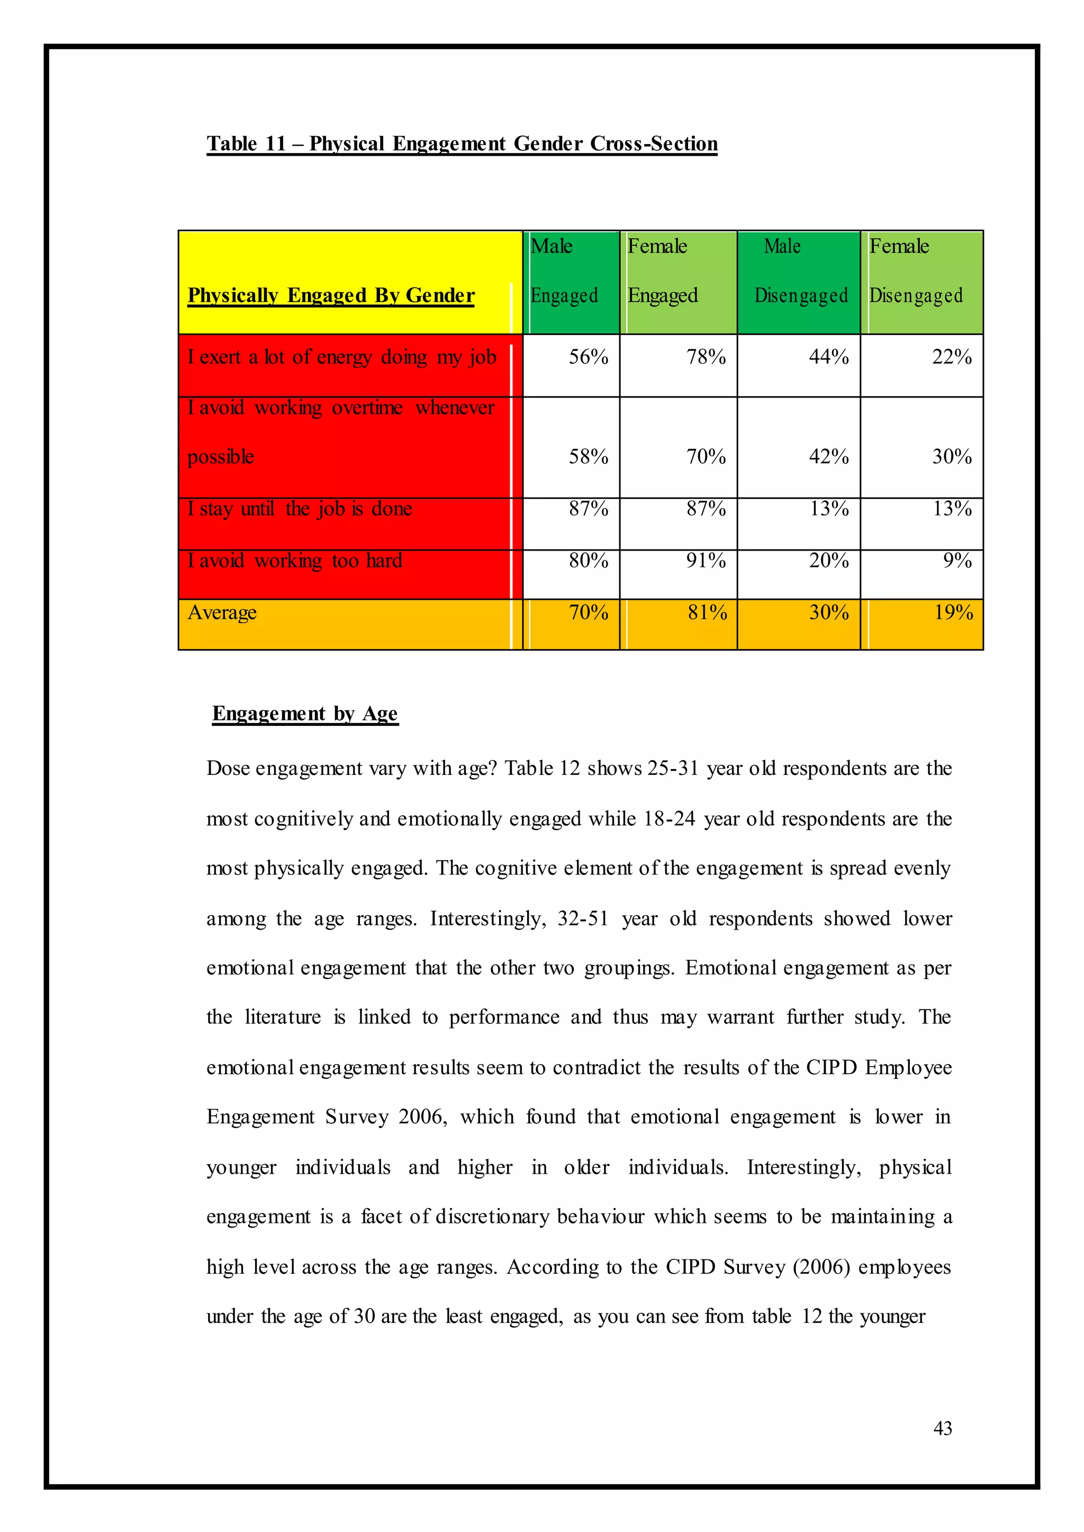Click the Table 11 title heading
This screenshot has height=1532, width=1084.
462,143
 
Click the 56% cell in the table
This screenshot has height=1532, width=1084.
588,357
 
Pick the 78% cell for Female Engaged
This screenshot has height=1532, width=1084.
706,357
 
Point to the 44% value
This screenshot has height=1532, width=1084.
828,357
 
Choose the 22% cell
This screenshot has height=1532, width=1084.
951,357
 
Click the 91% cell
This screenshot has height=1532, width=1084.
706,561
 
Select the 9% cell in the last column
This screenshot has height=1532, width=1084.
956,561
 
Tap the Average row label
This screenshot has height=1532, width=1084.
222,613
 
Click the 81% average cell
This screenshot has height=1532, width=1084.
707,613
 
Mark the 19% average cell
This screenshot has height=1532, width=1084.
953,613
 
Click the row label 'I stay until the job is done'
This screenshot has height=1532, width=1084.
300,509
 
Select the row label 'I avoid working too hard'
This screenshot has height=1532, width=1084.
294,561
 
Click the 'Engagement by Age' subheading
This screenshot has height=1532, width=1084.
305,714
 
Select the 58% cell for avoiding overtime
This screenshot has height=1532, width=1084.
588,457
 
